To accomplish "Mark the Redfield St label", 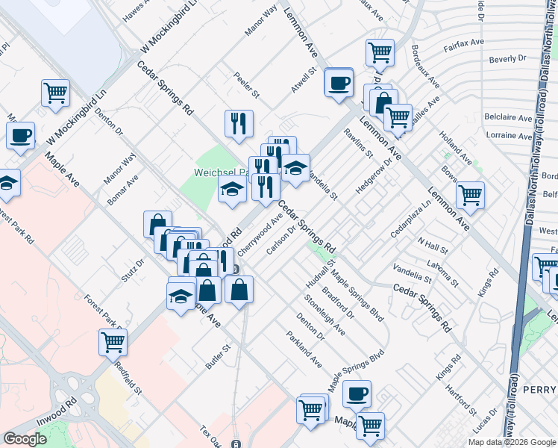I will click(128, 376).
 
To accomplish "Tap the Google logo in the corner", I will click(25, 439).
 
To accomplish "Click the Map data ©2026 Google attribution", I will click(512, 442).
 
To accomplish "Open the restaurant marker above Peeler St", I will click(239, 124).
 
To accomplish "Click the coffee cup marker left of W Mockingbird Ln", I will click(21, 137).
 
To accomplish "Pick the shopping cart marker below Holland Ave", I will click(469, 196).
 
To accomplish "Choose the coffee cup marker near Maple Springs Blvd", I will click(357, 393).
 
